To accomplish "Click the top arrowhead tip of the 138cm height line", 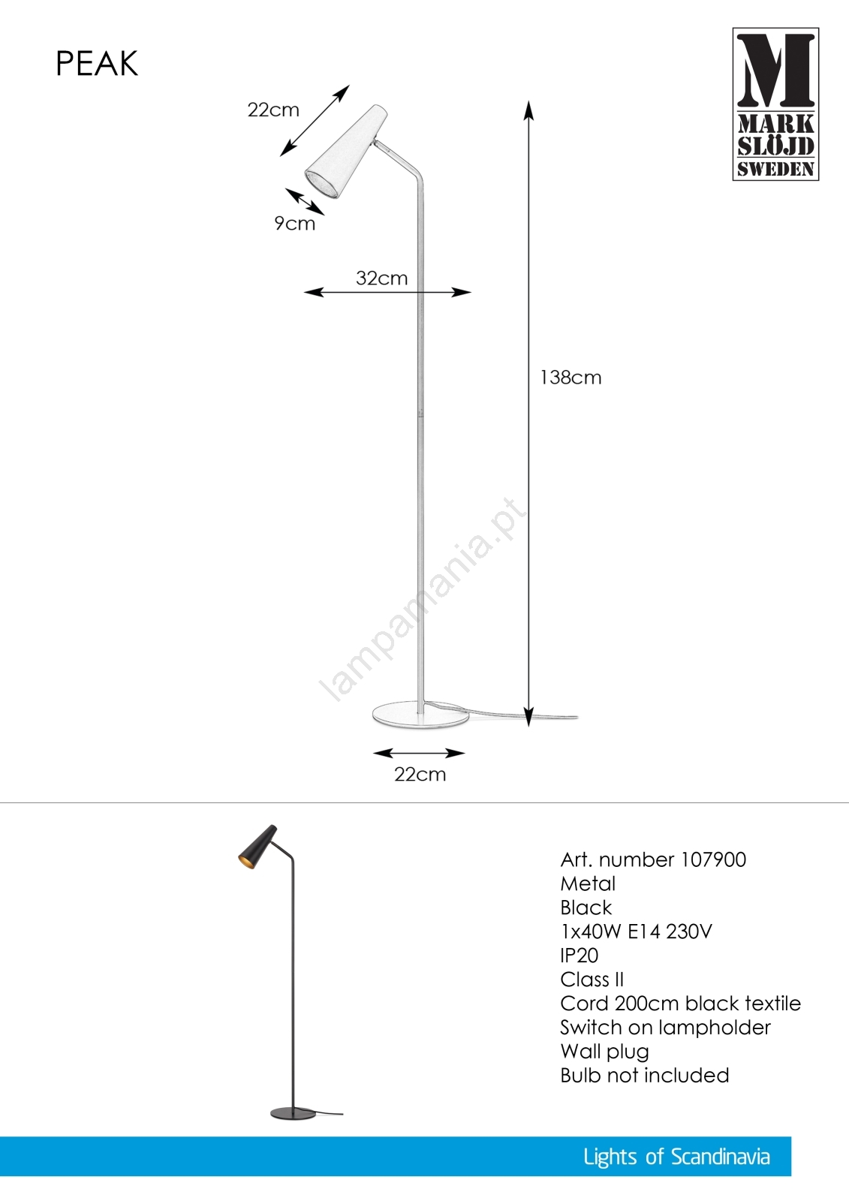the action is tap(528, 101).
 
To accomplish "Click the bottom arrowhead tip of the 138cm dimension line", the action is tap(528, 726).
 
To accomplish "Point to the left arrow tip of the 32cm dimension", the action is tap(304, 292).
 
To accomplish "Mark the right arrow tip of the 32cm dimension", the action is tap(471, 292).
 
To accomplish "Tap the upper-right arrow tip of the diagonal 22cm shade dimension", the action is tap(349, 85).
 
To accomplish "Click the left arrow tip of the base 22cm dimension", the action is tap(373, 754).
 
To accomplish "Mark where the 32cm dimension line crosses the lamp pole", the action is tap(420, 292).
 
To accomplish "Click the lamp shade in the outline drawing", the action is tap(346, 152).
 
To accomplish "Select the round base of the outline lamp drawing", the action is tap(420, 716).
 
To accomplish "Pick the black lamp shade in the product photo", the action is tap(257, 847).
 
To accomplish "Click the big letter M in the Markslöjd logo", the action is tap(775, 71).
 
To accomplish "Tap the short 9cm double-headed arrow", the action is tap(305, 202).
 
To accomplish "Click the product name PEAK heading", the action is tap(97, 64).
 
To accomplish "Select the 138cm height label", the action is tap(571, 378).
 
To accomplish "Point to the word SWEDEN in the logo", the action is tap(775, 169).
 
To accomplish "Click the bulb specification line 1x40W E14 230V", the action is tap(636, 932).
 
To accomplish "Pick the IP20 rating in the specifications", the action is tap(580, 956).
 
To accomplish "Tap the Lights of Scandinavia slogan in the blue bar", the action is tap(677, 1157).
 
